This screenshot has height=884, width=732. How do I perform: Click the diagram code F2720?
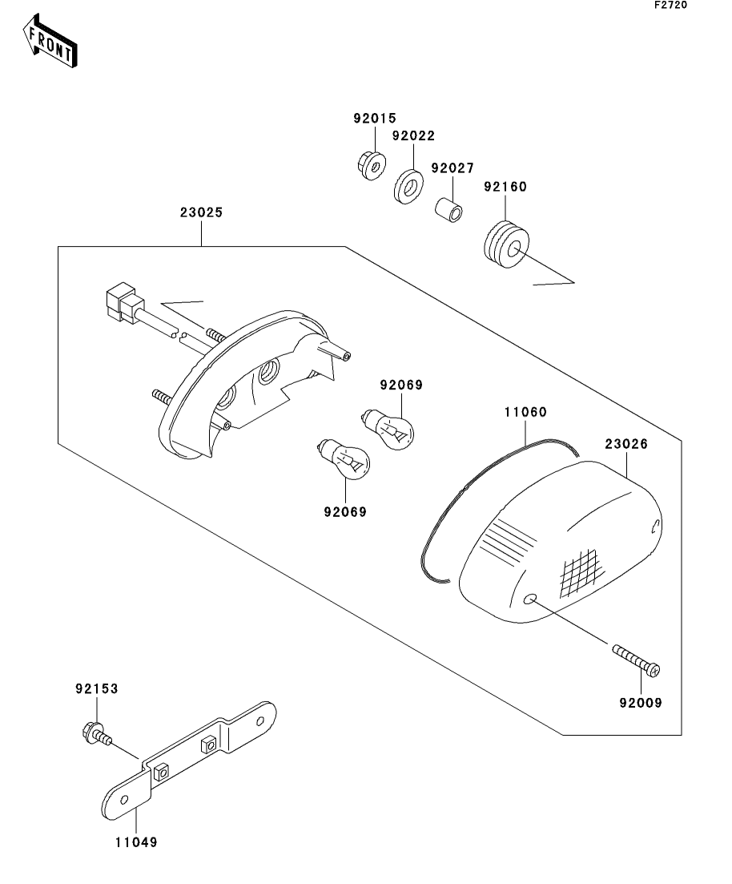point(670,5)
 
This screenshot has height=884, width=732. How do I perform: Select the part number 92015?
point(375,119)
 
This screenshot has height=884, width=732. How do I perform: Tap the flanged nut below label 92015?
point(369,165)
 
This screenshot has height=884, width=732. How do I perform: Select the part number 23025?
point(201,213)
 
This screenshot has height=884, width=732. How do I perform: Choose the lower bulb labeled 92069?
point(344,461)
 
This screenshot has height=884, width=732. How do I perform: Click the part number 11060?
point(525,413)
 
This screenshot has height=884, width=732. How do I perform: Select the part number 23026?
point(626,443)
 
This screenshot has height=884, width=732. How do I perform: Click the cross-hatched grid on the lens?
point(581,571)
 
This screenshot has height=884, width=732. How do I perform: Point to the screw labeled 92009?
point(636,657)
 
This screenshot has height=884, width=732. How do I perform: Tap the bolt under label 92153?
point(95,733)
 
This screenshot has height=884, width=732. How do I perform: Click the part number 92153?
point(97,688)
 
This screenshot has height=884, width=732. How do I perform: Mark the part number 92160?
point(505,187)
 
